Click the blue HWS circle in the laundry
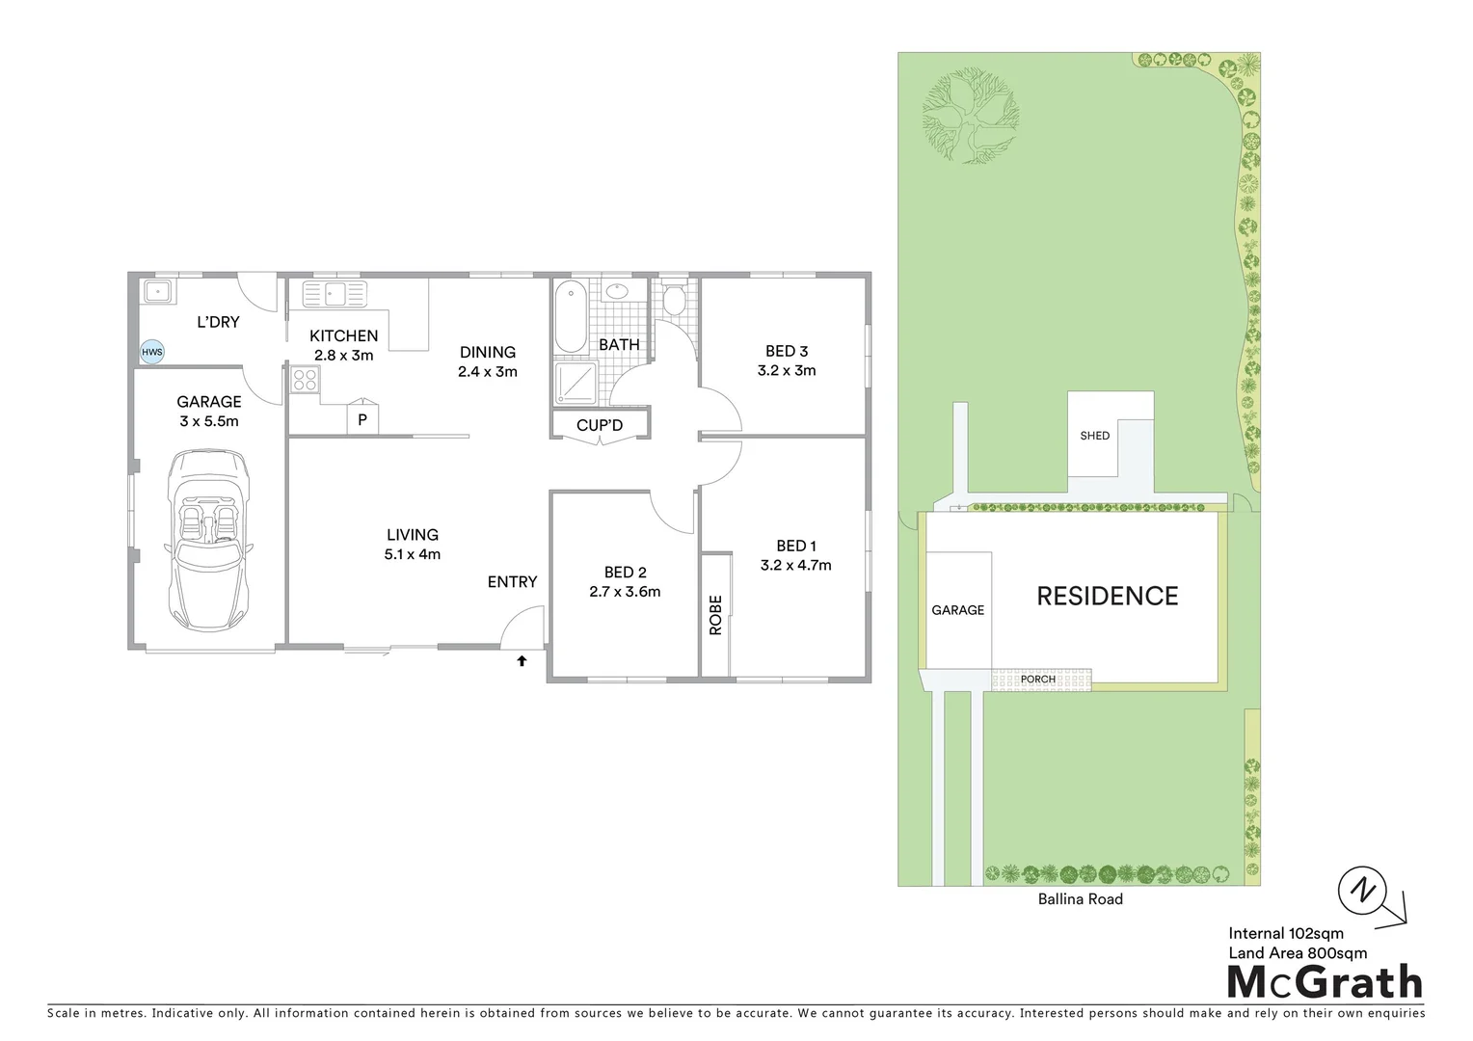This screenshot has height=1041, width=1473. coord(152,352)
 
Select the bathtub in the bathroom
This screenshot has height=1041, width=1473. coord(571,317)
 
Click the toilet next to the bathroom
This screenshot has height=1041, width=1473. coord(674,300)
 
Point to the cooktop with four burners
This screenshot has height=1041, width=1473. coord(306,381)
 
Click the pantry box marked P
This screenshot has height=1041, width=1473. coord(362,419)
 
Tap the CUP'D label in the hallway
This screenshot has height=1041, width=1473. coord(600,425)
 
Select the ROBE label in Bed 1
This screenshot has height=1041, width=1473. coord(715,614)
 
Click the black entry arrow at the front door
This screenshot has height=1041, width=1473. coord(522,661)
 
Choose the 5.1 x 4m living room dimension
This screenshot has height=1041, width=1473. coord(412,554)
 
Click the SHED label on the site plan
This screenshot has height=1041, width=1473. coord(1095,436)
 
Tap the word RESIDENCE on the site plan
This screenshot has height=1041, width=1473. coord(1108,597)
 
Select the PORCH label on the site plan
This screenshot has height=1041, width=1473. coord(1038,680)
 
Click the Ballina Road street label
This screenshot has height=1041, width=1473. coord(1080,899)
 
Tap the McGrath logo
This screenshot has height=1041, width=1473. coord(1325,983)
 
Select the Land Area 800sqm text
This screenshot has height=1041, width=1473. coord(1298,953)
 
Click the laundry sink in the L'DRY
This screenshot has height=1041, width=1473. coord(154,292)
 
